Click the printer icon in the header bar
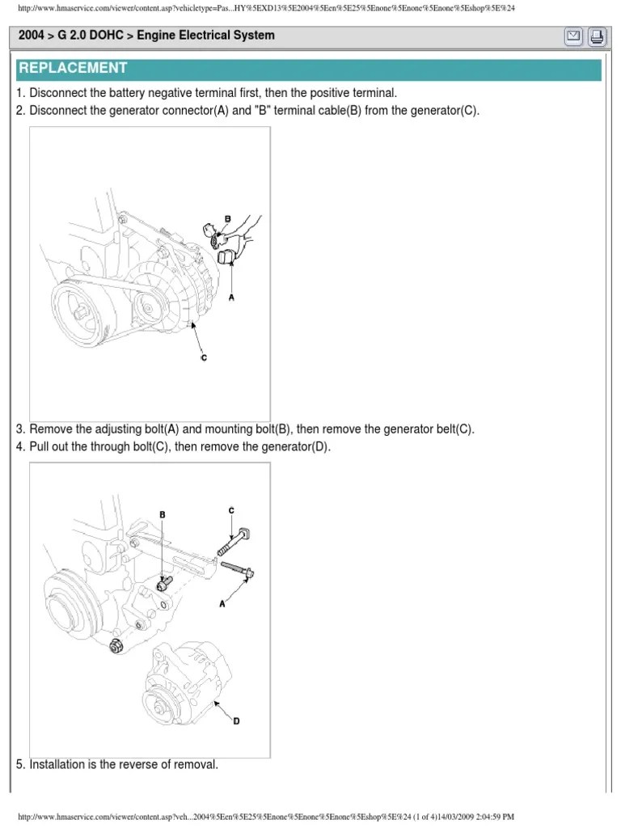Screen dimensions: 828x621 596,36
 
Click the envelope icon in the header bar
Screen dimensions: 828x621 572,36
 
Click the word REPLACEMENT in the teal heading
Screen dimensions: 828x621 74,68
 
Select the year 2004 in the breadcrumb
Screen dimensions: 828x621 32,36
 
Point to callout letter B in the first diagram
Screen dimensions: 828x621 228,219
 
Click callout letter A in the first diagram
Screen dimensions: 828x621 232,298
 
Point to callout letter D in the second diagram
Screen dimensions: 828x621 236,722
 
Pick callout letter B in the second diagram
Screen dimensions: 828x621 162,514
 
